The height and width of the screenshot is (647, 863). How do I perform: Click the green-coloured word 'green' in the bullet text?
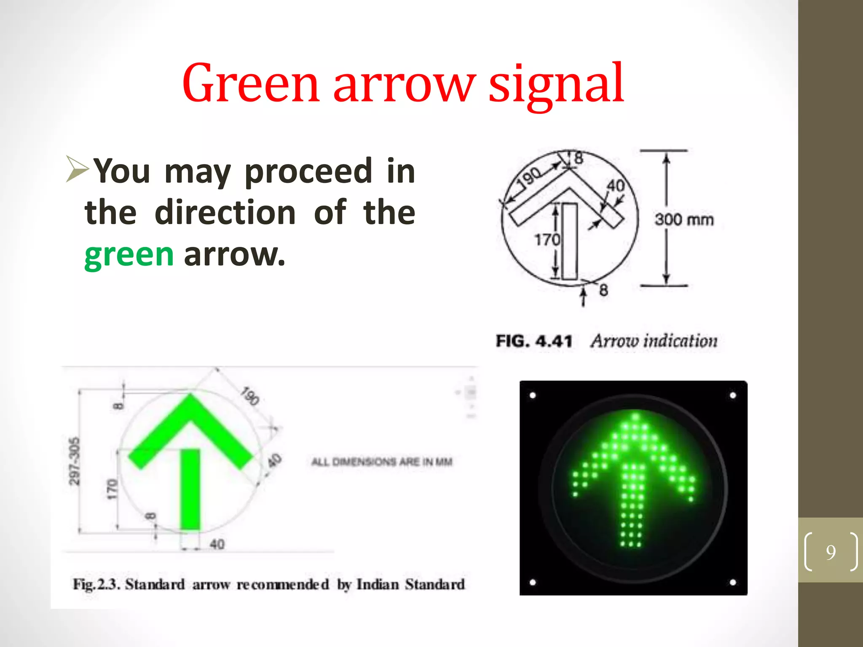click(x=129, y=255)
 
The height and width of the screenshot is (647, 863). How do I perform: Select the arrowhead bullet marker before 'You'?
click(x=77, y=169)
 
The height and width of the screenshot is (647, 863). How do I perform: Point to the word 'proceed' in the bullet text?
click(x=308, y=171)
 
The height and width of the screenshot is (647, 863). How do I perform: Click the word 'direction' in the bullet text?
click(x=225, y=212)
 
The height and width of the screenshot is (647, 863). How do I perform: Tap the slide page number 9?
click(x=831, y=552)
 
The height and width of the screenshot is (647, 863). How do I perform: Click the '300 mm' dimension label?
click(x=684, y=220)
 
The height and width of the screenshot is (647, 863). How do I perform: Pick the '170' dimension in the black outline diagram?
click(x=547, y=240)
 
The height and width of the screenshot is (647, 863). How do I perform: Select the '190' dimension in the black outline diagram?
click(x=530, y=176)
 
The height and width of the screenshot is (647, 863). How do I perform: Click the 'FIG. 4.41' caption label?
click(x=534, y=341)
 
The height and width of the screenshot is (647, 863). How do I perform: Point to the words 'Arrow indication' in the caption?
click(x=654, y=341)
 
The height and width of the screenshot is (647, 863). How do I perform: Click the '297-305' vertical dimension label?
click(x=74, y=462)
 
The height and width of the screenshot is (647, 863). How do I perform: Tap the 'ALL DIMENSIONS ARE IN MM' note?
click(x=382, y=462)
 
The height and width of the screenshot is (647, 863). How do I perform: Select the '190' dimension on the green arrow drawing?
click(x=250, y=396)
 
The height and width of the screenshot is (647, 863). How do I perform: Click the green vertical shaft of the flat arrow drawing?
click(x=190, y=489)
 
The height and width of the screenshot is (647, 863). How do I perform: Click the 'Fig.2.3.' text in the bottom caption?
click(x=96, y=584)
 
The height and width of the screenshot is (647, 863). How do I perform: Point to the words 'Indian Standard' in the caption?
click(x=410, y=584)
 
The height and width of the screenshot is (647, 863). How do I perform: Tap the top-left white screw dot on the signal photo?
click(x=533, y=395)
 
